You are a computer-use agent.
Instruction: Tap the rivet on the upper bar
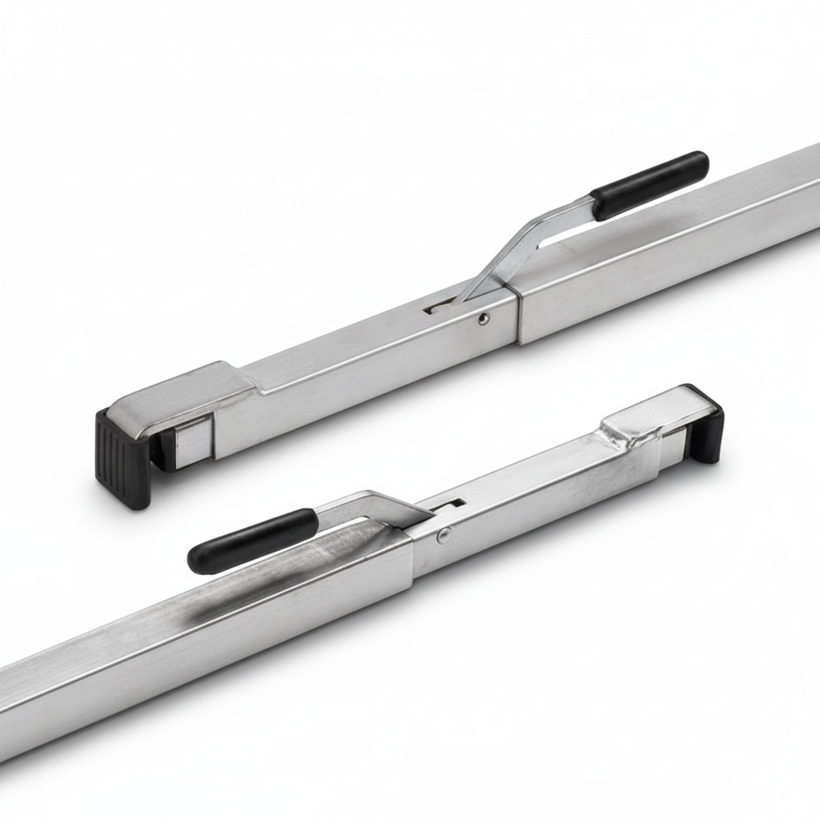click(483, 318)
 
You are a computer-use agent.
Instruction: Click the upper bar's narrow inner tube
click(360, 352)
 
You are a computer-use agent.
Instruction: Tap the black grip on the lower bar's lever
click(252, 541)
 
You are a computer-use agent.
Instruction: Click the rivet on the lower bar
click(443, 535)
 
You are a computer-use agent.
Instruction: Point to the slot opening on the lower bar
click(455, 504)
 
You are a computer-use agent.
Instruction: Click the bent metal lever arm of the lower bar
click(376, 506)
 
